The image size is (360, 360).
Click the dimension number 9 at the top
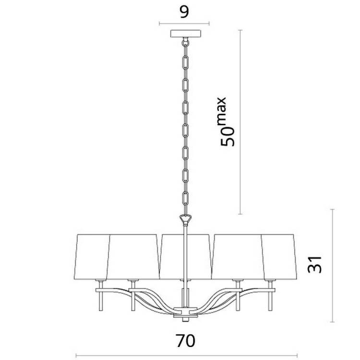(x=184, y=12)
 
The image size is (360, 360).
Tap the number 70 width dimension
(x=185, y=341)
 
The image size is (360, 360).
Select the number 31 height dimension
(x=315, y=264)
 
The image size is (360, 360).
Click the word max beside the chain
(x=221, y=111)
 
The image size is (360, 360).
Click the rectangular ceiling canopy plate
(x=185, y=34)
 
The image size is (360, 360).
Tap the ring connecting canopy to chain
(x=185, y=43)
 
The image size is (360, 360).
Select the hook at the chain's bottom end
(x=185, y=220)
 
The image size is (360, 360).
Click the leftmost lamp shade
(x=92, y=257)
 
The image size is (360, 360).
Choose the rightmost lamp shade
(x=279, y=257)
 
